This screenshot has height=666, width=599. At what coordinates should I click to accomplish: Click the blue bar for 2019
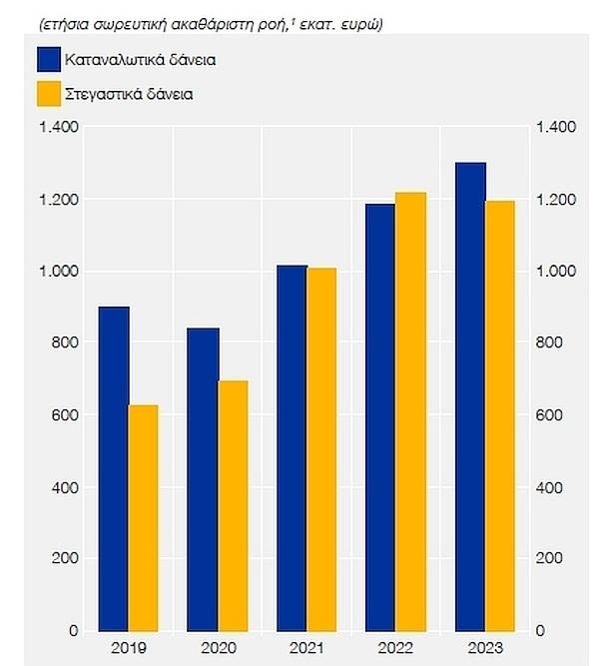[115, 469]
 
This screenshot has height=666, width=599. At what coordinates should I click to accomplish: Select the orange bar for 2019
[144, 518]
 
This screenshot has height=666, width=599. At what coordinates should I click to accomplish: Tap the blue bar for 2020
[204, 480]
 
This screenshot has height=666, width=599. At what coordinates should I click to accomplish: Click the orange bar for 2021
[320, 449]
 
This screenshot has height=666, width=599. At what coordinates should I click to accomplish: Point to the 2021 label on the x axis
[306, 648]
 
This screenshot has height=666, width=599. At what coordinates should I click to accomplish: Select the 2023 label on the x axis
[484, 648]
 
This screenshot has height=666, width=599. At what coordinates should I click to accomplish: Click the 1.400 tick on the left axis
[58, 127]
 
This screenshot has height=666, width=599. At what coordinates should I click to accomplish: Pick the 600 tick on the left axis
[66, 415]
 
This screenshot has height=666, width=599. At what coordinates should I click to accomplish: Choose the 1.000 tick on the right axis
[556, 272]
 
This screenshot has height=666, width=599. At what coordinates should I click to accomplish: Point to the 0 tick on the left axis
[73, 631]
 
